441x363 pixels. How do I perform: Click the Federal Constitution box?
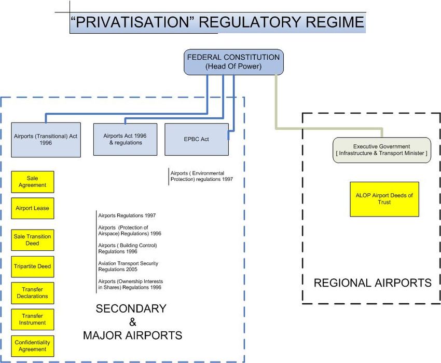pyautogui.click(x=235, y=62)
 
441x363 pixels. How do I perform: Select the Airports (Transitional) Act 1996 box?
pyautogui.click(x=46, y=139)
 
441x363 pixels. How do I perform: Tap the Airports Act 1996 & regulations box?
pyautogui.click(x=125, y=139)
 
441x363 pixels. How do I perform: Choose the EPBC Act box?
pyautogui.click(x=196, y=139)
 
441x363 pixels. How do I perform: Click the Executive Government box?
pyautogui.click(x=381, y=150)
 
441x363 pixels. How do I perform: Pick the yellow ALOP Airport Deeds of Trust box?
pyautogui.click(x=384, y=199)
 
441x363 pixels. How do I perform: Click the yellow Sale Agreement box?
pyautogui.click(x=33, y=182)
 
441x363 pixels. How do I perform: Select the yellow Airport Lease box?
pyautogui.click(x=33, y=208)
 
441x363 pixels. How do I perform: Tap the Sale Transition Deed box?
pyautogui.click(x=33, y=240)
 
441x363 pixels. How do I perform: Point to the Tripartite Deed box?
pyautogui.click(x=33, y=266)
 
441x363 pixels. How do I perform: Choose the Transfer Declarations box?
pyautogui.click(x=33, y=293)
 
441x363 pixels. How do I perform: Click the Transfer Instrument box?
pyautogui.click(x=33, y=319)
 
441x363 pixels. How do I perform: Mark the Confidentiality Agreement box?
pyautogui.click(x=33, y=346)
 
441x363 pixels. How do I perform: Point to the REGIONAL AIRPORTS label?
pyautogui.click(x=373, y=283)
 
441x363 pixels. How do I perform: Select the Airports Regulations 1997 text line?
pyautogui.click(x=127, y=215)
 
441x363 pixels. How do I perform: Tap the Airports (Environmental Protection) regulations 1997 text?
pyautogui.click(x=201, y=176)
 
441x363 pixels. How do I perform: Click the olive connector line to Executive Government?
pyautogui.click(x=276, y=104)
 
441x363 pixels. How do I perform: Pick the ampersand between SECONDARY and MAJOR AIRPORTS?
pyautogui.click(x=132, y=322)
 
